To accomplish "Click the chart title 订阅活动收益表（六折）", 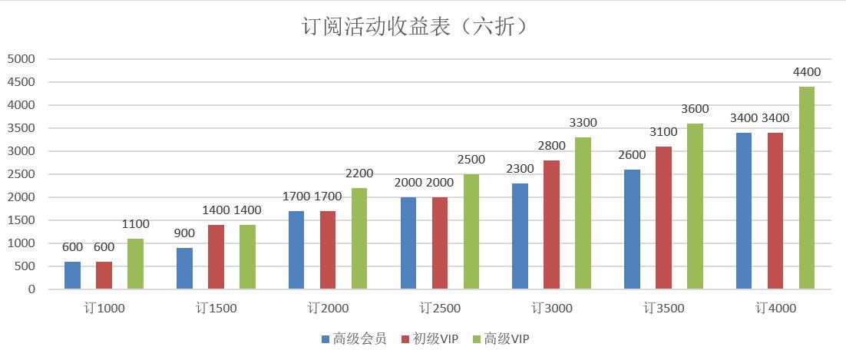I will pyautogui.click(x=415, y=27).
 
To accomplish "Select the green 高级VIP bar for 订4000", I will pyautogui.click(x=807, y=188).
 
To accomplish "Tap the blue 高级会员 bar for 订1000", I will pyautogui.click(x=72, y=276).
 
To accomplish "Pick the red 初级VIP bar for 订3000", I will pyautogui.click(x=551, y=225).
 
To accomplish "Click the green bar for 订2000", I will pyautogui.click(x=359, y=239).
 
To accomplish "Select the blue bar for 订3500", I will pyautogui.click(x=632, y=230).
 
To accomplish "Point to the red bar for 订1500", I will pyautogui.click(x=216, y=257).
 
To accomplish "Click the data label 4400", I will pyautogui.click(x=807, y=72).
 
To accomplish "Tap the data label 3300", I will pyautogui.click(x=583, y=123).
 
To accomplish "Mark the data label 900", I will pyautogui.click(x=184, y=233).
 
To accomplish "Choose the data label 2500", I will pyautogui.click(x=471, y=160).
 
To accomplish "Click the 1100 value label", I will pyautogui.click(x=135, y=224).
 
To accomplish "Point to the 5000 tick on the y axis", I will pyautogui.click(x=21, y=59).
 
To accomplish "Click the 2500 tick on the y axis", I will pyautogui.click(x=21, y=174).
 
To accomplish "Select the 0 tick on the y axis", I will pyautogui.click(x=31, y=289).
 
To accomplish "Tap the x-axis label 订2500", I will pyautogui.click(x=440, y=309).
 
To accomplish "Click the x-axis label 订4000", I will pyautogui.click(x=775, y=309).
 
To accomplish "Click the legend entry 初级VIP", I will pyautogui.click(x=435, y=339).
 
